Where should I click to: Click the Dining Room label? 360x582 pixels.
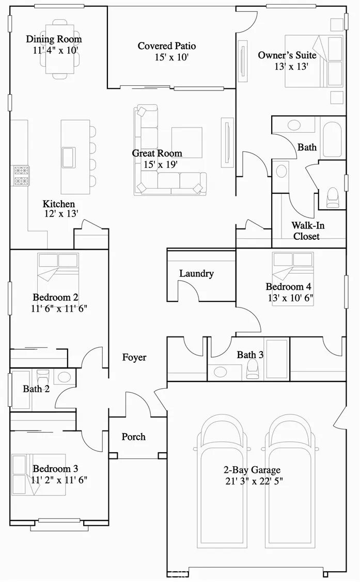[x=54, y=39]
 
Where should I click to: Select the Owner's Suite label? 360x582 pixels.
[x=287, y=55]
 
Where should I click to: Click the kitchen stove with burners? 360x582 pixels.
[x=21, y=176]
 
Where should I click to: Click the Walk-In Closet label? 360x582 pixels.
[x=308, y=231]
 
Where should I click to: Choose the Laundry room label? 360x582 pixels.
[x=196, y=273]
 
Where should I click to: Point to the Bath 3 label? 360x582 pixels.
[x=250, y=355]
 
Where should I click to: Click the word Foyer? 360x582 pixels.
[x=134, y=357]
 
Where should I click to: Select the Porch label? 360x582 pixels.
[x=133, y=437]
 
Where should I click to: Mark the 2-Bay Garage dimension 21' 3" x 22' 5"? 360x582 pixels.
[x=252, y=481]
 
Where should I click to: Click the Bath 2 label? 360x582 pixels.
[x=36, y=389]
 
